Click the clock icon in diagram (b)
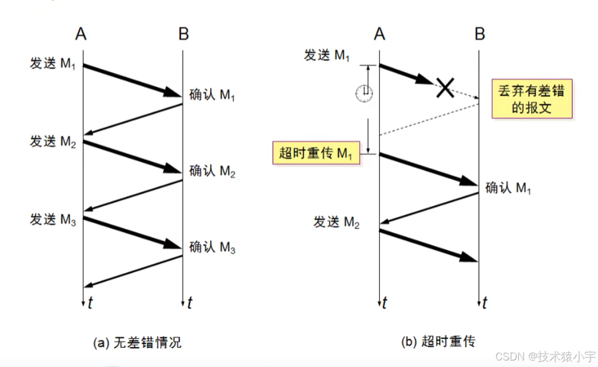pos(364,93)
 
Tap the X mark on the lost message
pos(444,88)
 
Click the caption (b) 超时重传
pos(438,341)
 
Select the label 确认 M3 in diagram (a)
pos(212,247)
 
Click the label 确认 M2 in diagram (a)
pos(212,171)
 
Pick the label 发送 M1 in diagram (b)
pos(327,56)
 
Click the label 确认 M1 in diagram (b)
pos(509,188)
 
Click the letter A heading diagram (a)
pos(81,35)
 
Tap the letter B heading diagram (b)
pos(480,35)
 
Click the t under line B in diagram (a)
pos(190,303)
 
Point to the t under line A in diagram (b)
pos(384,303)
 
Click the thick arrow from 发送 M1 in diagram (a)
pos(132,80)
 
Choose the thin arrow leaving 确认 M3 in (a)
pos(133,271)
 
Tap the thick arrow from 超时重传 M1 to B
pos(428,169)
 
